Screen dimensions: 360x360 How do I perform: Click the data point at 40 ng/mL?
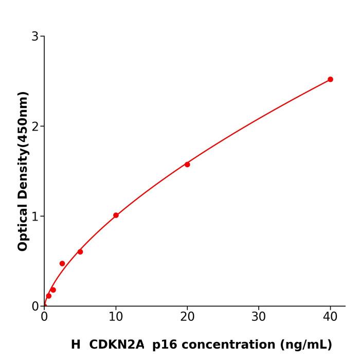(x=330, y=79)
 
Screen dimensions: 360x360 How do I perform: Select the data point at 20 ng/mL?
(x=187, y=165)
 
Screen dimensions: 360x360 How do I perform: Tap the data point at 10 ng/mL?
(x=116, y=215)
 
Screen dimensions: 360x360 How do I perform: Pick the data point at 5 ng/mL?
(x=80, y=251)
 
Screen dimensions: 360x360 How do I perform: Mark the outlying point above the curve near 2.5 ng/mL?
(x=62, y=263)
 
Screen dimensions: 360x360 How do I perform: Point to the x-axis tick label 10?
(x=116, y=317)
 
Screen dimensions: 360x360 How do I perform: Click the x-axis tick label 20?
(x=187, y=317)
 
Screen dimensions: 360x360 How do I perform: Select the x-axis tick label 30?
(x=259, y=317)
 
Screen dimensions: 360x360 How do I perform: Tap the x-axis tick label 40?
(x=330, y=317)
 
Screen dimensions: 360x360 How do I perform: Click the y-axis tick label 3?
(x=35, y=36)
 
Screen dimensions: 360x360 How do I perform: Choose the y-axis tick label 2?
(x=35, y=126)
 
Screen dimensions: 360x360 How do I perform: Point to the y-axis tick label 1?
(x=35, y=216)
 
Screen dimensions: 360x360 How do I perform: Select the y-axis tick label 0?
(x=35, y=306)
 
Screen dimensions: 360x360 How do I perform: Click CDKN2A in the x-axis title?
(x=117, y=345)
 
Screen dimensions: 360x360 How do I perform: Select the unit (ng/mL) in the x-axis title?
(x=306, y=345)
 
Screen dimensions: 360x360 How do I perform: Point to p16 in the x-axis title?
(x=161, y=345)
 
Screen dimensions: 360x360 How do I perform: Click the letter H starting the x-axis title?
(x=76, y=345)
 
